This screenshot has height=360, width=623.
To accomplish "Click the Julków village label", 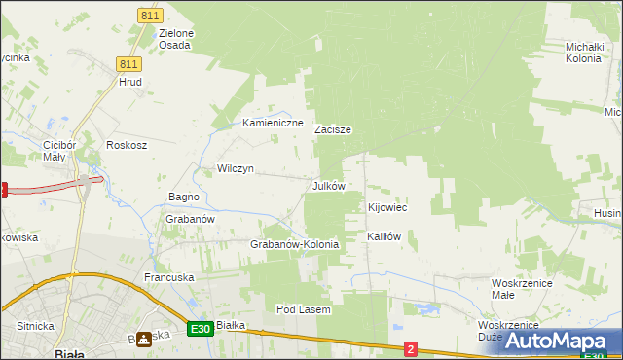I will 328,185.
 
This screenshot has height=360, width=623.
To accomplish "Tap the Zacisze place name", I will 333,128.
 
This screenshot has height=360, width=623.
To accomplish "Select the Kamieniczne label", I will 273,124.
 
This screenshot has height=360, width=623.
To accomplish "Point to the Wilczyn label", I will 236,168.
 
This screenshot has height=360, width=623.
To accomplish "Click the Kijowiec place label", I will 387,207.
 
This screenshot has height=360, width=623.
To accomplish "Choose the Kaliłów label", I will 384,236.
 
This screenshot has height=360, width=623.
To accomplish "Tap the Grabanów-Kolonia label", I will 295,244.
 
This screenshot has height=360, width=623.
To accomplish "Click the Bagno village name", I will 184,197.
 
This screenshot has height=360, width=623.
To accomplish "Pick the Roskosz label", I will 127,145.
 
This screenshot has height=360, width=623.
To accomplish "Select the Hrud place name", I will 130,83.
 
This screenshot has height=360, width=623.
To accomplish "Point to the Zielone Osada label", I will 176,39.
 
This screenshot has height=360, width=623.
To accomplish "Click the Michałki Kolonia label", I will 591,52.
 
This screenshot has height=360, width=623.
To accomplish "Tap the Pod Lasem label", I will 304,309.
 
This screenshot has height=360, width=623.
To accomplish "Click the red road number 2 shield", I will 411,348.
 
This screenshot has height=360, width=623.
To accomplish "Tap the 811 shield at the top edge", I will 149,17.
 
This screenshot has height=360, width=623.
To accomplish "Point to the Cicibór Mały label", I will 53,151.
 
